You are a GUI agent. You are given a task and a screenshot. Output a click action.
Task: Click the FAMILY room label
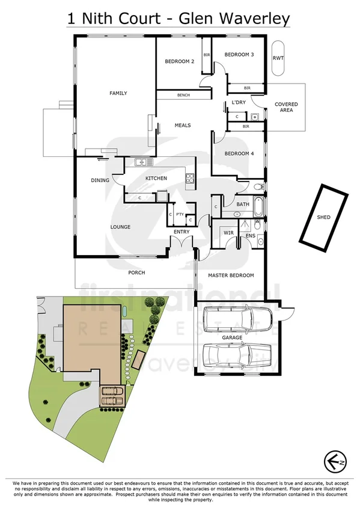(x=118, y=93)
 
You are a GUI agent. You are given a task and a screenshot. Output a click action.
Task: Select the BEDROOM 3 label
(x=239, y=55)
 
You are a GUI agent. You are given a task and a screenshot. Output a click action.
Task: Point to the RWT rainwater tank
(x=278, y=58)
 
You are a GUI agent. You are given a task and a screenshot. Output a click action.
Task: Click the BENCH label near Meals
(x=183, y=95)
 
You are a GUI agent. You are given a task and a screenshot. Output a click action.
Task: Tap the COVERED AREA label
(x=286, y=108)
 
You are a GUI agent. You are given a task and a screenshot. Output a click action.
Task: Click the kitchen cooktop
(x=190, y=177)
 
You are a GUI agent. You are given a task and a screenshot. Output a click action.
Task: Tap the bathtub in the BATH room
(x=258, y=208)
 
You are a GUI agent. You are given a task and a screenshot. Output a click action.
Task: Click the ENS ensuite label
(x=251, y=236)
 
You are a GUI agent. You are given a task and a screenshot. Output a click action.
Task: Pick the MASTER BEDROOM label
(x=231, y=275)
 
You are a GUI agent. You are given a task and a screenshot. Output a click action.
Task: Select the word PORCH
(x=137, y=272)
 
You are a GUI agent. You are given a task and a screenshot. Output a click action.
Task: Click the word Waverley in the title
(x=254, y=18)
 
